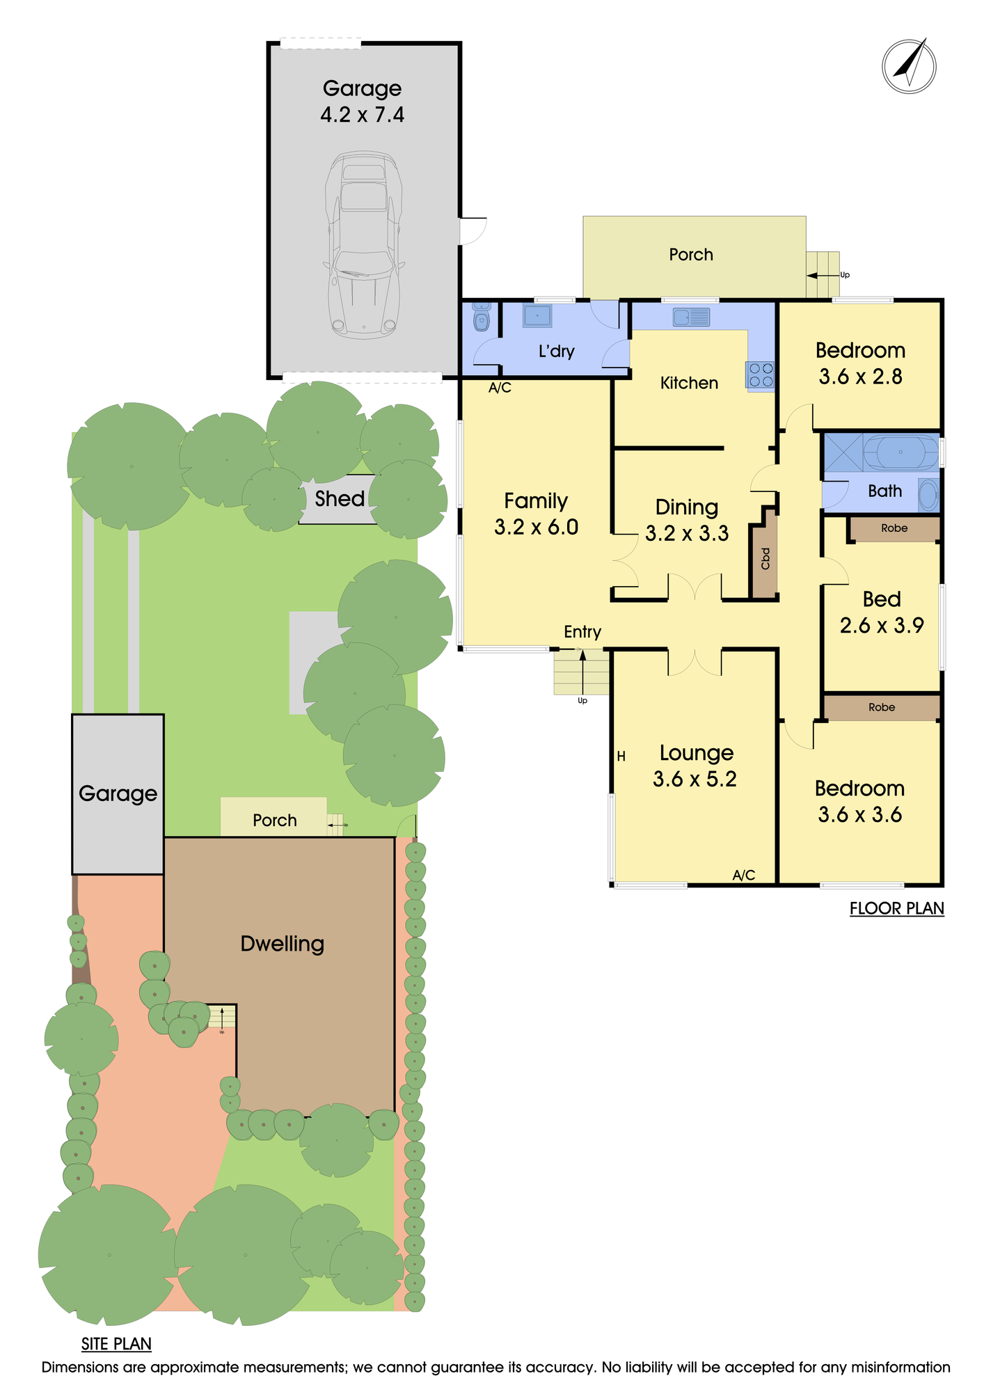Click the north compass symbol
coord(909,66)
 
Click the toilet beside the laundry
coord(481,317)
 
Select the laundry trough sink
coord(537,315)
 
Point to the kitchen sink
coord(691,317)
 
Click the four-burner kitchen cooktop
coord(760,374)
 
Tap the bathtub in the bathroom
coord(900,452)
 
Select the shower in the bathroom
coord(843,452)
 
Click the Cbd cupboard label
coord(765,558)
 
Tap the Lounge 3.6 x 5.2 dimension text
coord(695,779)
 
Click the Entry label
coord(582,632)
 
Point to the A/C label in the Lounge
coord(744,875)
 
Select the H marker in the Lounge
coord(621,756)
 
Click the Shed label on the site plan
coord(340,498)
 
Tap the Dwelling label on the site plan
coord(283,944)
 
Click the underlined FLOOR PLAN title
coord(897,908)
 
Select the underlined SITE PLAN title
coord(116,1344)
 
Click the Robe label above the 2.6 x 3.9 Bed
coord(894,528)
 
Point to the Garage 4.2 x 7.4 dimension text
coord(362,115)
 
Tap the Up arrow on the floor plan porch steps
coord(823,276)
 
